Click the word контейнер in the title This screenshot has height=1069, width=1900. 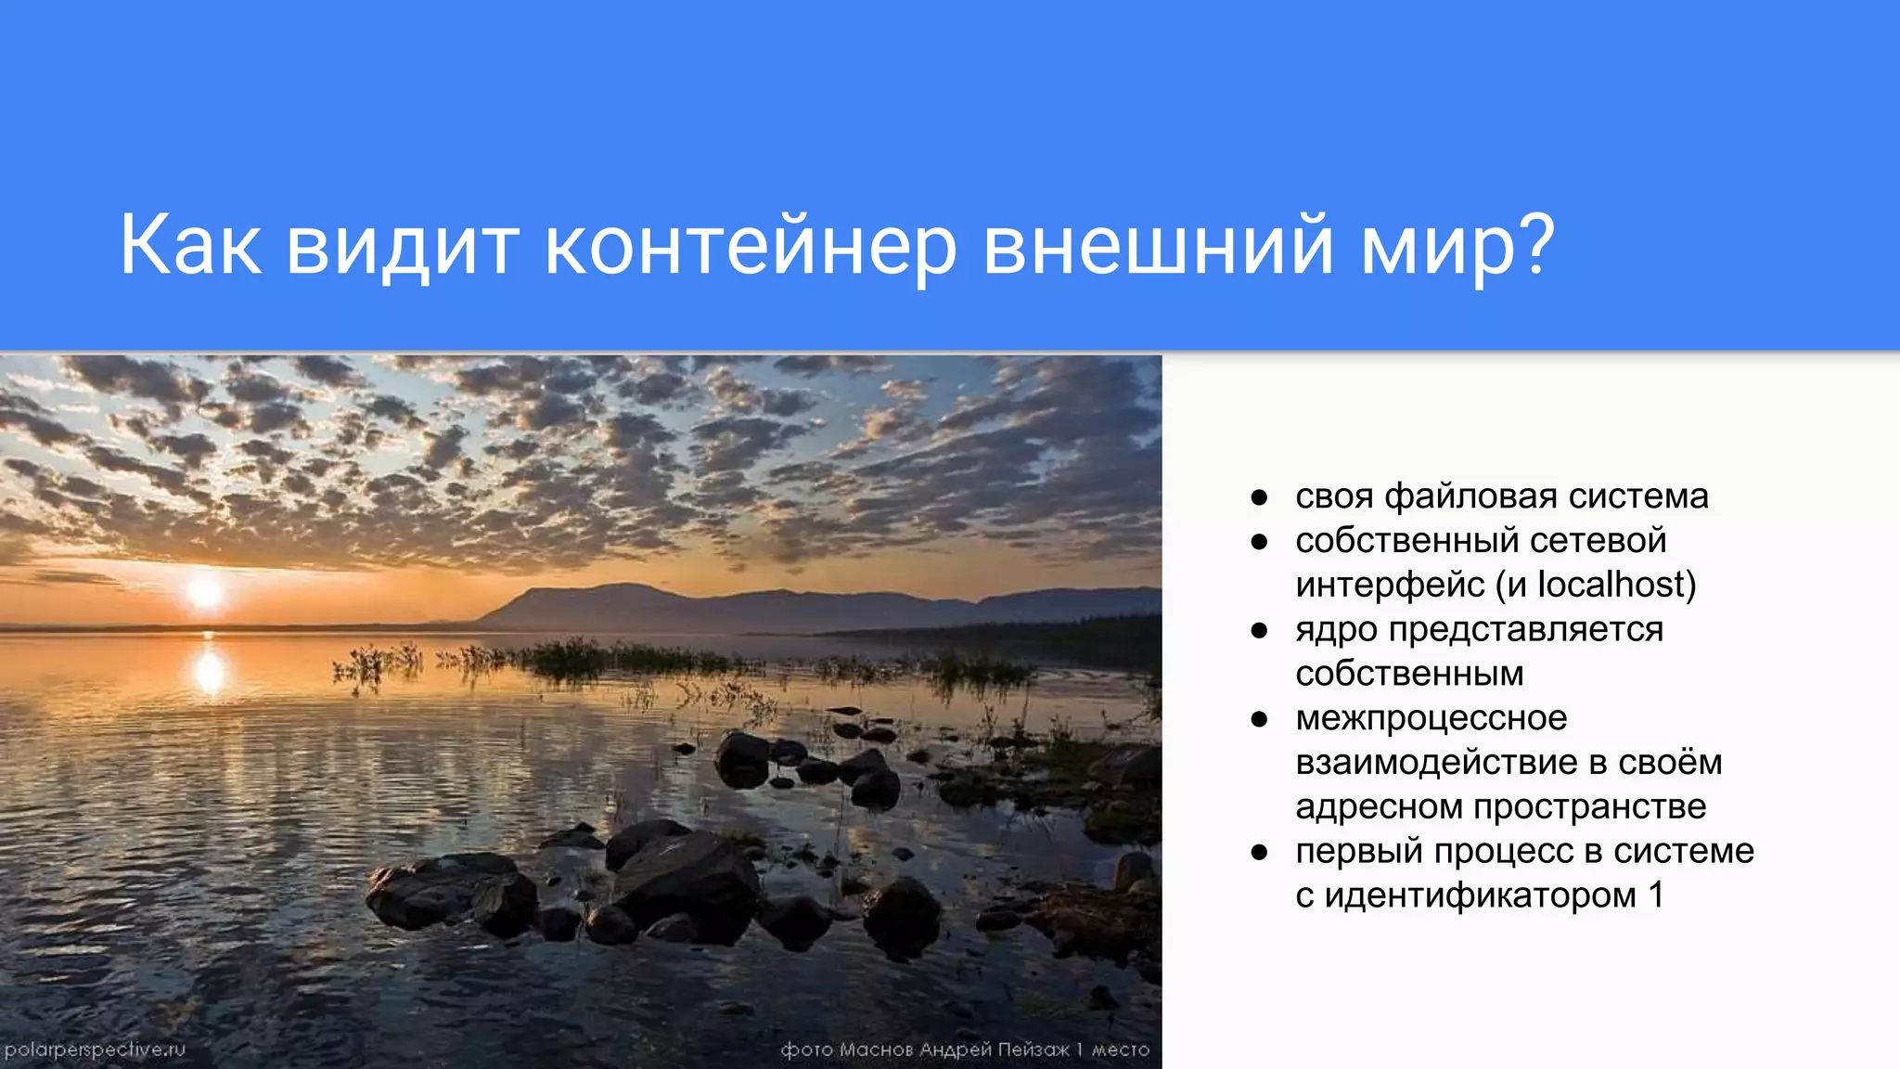tap(750, 246)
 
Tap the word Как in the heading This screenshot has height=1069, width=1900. tap(190, 246)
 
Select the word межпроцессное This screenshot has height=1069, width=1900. tap(1431, 718)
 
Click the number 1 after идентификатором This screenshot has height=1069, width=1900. tap(1656, 895)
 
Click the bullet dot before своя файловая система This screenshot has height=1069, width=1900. tap(1259, 497)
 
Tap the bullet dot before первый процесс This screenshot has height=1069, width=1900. tap(1259, 852)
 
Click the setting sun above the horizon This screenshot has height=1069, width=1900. tap(205, 591)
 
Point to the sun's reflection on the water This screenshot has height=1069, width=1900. tap(209, 670)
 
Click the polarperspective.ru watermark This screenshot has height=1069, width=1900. tap(95, 1050)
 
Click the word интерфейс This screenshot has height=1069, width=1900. tap(1390, 585)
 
